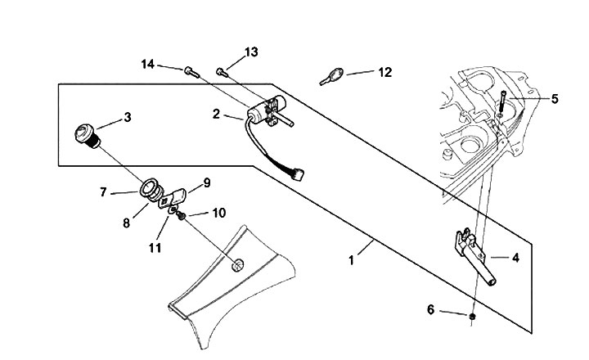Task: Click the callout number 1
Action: coord(351,260)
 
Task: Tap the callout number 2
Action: coord(216,114)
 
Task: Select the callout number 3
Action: coord(128,117)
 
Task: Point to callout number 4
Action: coord(515,258)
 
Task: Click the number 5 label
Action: coord(555,99)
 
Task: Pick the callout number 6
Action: coord(430,309)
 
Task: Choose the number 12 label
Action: coord(384,72)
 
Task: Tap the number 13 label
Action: coord(251,52)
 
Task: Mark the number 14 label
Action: coord(147,65)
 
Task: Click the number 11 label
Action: coord(155,248)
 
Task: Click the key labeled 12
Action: coord(331,76)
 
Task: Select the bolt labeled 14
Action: coord(192,72)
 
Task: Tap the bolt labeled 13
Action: coord(222,72)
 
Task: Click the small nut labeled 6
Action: coord(473,317)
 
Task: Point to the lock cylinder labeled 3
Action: coord(88,136)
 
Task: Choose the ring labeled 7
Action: coord(150,188)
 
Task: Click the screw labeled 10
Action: coord(182,216)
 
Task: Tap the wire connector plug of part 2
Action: coord(298,175)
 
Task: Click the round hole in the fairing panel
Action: coord(237,265)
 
